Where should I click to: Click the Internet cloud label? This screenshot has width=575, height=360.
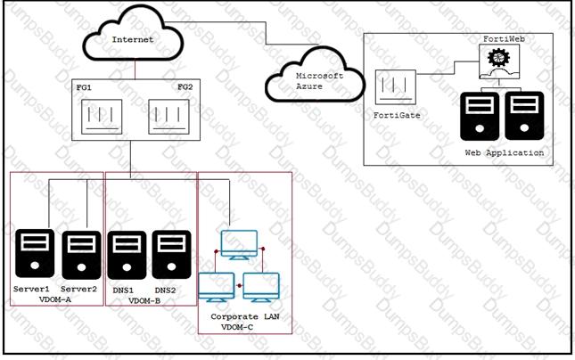click(x=133, y=39)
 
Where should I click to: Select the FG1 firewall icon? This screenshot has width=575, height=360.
click(x=102, y=117)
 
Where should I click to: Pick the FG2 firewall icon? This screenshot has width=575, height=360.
click(x=168, y=117)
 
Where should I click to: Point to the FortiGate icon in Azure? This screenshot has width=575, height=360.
click(x=396, y=87)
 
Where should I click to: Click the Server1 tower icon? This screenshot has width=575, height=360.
click(x=35, y=253)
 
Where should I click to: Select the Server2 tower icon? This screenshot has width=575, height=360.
click(x=81, y=255)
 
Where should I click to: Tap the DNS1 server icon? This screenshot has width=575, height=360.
click(x=127, y=255)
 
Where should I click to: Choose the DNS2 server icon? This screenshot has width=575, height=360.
click(x=172, y=255)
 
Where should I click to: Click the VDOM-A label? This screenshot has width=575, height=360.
click(x=55, y=299)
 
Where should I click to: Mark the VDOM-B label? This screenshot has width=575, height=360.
click(x=144, y=301)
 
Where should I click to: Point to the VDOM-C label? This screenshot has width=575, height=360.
click(x=237, y=327)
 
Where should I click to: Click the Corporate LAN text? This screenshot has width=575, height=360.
click(x=245, y=316)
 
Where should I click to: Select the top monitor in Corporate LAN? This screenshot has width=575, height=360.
click(x=239, y=245)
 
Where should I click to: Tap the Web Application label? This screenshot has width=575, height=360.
click(x=505, y=152)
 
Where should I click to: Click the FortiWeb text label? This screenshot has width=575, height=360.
click(x=504, y=39)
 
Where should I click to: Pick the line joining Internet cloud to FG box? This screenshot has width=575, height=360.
click(x=135, y=70)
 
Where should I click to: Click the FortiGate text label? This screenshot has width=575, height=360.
click(x=397, y=115)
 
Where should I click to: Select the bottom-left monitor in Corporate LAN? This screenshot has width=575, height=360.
click(x=217, y=288)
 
